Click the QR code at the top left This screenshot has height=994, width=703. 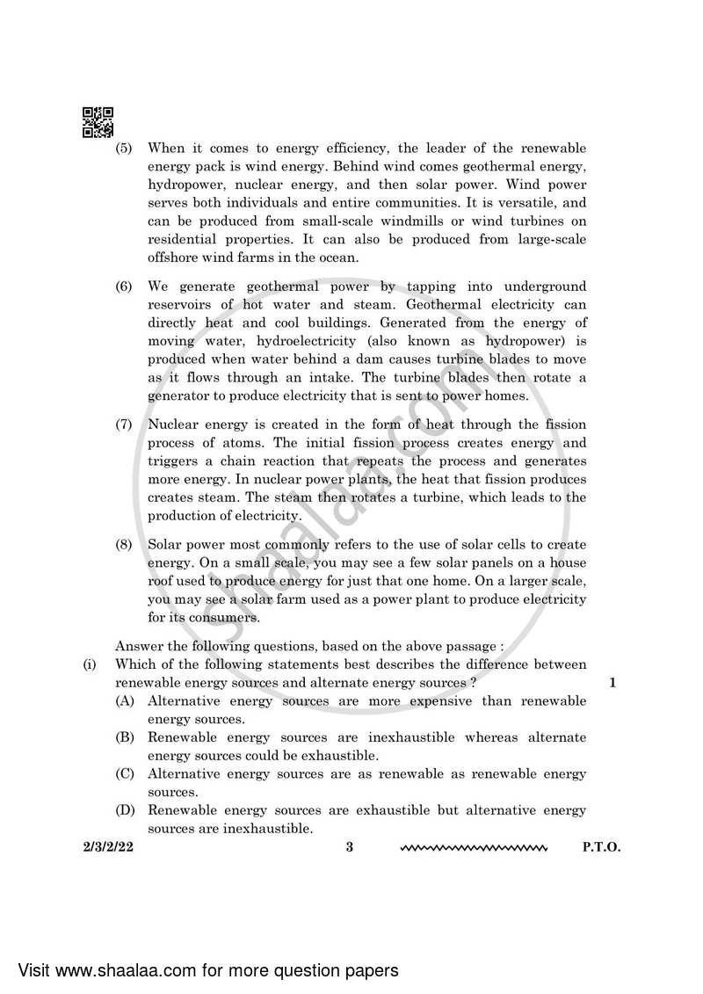coord(98,122)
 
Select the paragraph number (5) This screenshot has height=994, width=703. coord(124,149)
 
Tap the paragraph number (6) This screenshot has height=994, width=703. coord(124,287)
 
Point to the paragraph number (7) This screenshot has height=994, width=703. coord(124,424)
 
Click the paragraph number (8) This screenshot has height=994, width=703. coord(124,545)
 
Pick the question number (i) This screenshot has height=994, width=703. coord(90,664)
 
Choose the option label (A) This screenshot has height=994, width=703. coord(124,701)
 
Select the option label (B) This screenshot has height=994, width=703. coord(124,737)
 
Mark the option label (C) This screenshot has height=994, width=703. coord(124,774)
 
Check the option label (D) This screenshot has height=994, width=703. coord(124,810)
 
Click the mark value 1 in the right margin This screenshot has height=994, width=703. coord(612,683)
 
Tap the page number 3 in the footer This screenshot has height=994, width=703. coord(349,848)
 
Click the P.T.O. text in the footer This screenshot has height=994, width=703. coord(601,848)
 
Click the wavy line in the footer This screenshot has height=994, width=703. coord(474,849)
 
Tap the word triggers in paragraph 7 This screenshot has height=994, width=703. coord(173,461)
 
